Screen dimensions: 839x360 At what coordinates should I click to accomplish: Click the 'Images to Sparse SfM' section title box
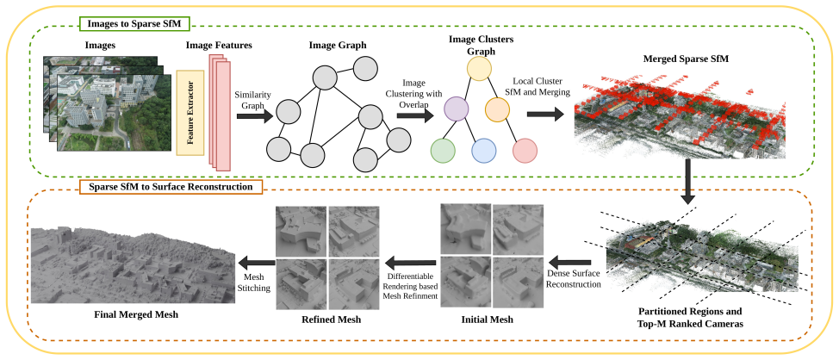coord(134,23)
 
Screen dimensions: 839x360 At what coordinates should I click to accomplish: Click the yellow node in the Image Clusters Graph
coord(479,69)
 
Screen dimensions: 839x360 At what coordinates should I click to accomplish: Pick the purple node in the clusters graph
coord(457,109)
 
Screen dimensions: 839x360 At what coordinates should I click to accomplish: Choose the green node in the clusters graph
coord(443,151)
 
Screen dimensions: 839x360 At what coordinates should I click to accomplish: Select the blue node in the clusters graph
coord(484,151)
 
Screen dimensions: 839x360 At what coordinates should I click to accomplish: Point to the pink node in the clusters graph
coord(525,151)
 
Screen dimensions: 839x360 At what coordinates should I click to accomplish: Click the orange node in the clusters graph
coord(498,109)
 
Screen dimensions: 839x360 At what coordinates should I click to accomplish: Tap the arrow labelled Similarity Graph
coord(255,116)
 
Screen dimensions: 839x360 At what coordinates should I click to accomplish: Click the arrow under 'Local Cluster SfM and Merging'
coord(545,115)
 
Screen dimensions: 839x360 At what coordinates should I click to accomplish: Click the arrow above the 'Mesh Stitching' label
coord(257,262)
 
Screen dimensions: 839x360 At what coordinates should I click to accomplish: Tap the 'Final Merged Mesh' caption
coord(134,315)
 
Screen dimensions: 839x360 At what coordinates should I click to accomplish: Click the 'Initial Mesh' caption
coord(487,320)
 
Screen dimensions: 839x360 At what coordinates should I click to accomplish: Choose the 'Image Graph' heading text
coord(338,45)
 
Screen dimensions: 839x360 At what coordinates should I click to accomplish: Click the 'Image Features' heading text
coord(219,46)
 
